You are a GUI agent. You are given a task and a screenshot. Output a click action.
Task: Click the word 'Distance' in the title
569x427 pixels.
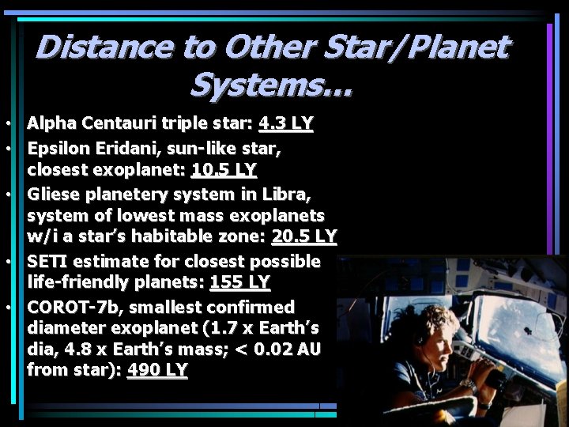pos(103,47)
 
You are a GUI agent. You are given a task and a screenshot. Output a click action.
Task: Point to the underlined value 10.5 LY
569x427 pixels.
pos(224,170)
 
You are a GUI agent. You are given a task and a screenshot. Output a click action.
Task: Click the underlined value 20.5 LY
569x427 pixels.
pos(304,236)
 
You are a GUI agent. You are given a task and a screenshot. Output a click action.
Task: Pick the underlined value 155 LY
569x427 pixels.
pos(240,282)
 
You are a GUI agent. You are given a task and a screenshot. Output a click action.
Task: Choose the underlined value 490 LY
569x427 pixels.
pos(157,369)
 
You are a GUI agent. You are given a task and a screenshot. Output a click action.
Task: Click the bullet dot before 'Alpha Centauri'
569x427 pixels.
pos(6,125)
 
